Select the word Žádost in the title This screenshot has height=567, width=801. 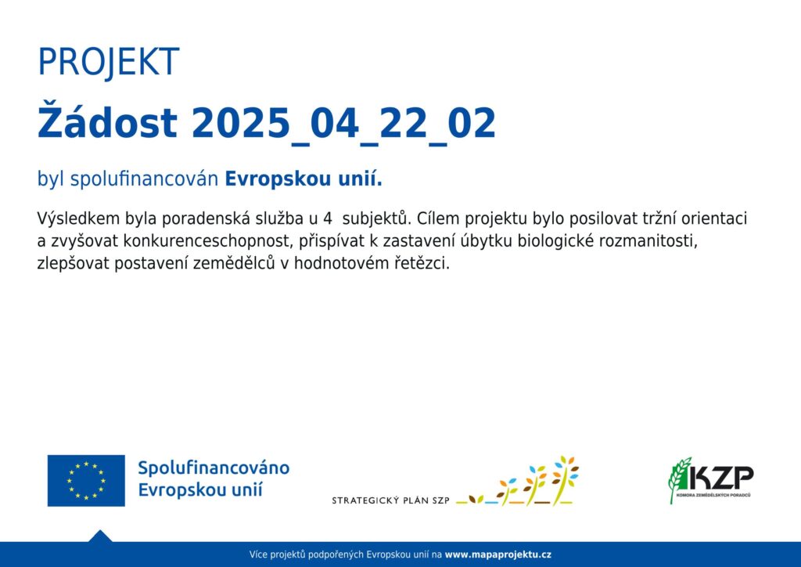tap(107, 121)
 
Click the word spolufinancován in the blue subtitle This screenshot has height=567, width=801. tap(144, 179)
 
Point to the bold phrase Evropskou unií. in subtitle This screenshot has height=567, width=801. tap(304, 179)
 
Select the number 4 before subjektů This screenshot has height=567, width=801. tap(328, 218)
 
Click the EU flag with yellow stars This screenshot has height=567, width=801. tap(86, 481)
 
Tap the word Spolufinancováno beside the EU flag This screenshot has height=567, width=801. tap(214, 468)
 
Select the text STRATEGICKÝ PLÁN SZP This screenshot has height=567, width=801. tap(391, 500)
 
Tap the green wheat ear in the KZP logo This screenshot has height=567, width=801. tap(679, 479)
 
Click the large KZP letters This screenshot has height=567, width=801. tap(720, 479)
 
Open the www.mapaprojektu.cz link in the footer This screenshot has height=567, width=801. tap(498, 554)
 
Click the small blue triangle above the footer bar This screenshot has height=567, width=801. tap(100, 536)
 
